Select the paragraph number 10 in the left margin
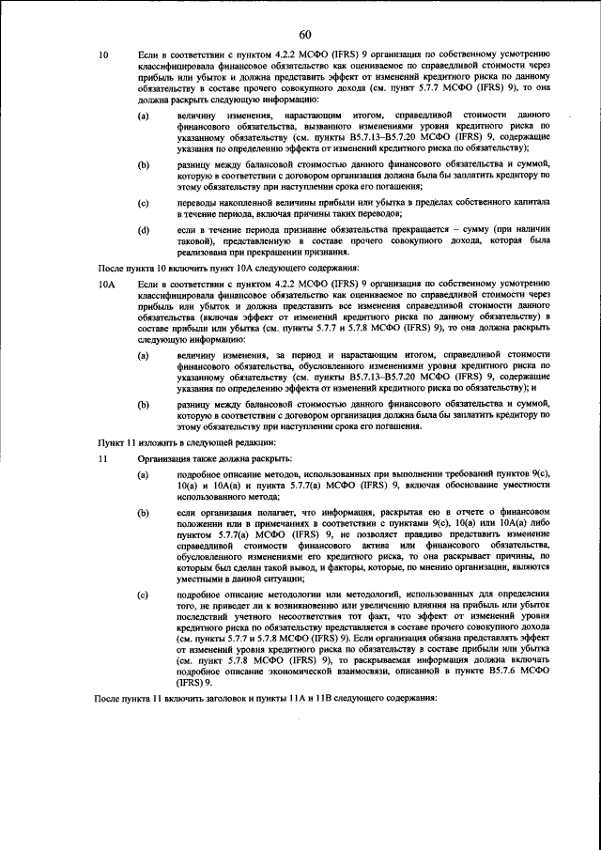click(104, 57)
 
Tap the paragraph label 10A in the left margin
click(107, 282)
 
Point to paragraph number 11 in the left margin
click(104, 460)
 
